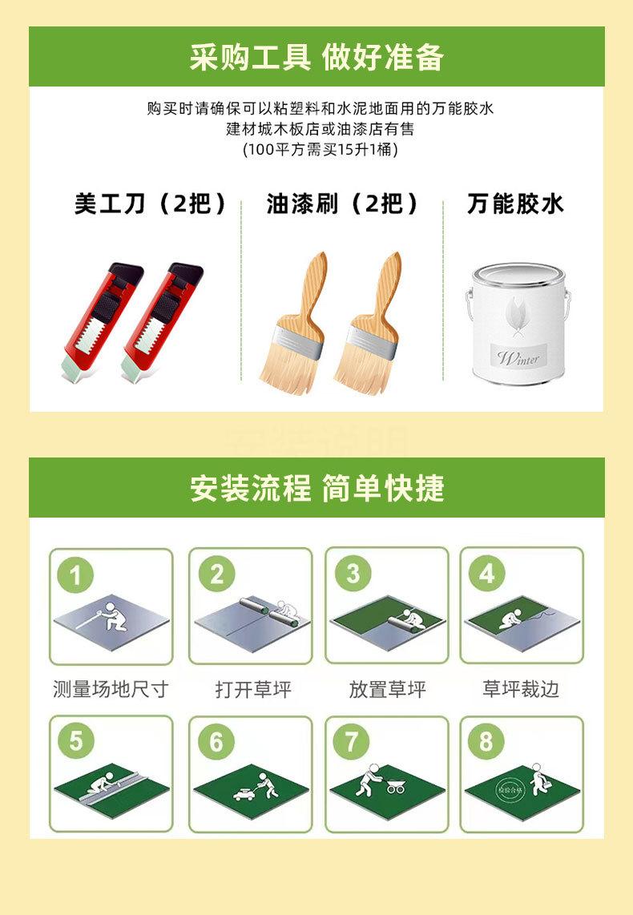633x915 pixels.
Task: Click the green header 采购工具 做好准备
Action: [x=316, y=58]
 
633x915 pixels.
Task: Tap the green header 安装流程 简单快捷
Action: [x=316, y=488]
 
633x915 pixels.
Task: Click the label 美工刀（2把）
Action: [x=151, y=204]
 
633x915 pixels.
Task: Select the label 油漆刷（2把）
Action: [x=342, y=204]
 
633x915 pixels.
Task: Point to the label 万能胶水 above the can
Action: [x=515, y=204]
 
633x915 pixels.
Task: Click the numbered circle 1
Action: [x=76, y=574]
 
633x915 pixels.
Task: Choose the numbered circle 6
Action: [x=216, y=743]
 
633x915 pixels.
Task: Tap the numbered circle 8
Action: [x=486, y=742]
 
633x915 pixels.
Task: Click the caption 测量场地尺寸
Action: [x=111, y=689]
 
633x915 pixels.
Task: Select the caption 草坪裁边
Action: [x=520, y=689]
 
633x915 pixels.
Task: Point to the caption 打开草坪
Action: [x=252, y=689]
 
